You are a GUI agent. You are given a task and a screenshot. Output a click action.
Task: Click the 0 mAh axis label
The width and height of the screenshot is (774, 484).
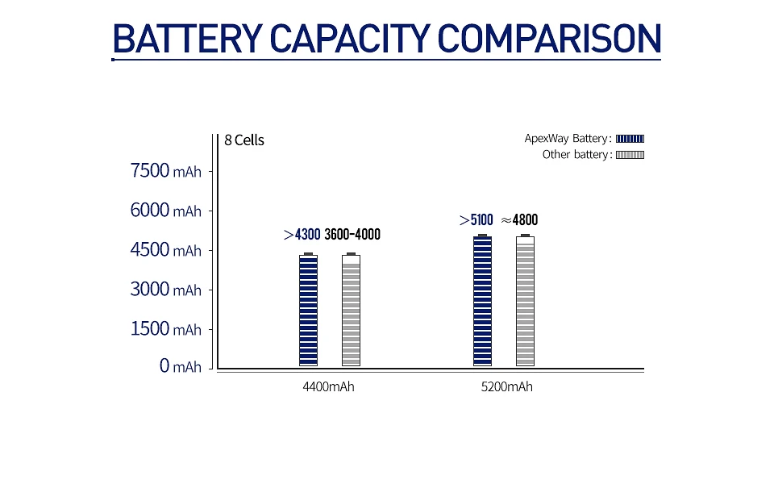(180, 367)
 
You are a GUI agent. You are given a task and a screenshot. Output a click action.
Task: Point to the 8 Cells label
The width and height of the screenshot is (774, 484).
(244, 140)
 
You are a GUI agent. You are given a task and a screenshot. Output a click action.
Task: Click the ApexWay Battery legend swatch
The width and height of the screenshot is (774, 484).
(630, 139)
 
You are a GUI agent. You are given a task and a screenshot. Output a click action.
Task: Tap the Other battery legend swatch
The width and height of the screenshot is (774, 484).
(630, 155)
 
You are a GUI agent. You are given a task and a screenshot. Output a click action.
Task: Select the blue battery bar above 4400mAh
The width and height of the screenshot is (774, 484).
(308, 311)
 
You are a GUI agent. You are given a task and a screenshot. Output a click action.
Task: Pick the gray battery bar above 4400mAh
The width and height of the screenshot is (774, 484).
(351, 311)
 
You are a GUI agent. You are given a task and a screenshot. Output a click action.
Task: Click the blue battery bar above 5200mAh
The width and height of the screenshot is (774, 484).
(482, 301)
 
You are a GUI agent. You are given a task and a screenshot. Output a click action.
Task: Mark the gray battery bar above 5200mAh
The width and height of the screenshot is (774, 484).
(526, 301)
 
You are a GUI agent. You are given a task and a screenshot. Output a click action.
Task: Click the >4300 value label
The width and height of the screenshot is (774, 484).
(302, 235)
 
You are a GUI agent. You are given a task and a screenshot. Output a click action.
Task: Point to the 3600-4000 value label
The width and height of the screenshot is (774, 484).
(352, 235)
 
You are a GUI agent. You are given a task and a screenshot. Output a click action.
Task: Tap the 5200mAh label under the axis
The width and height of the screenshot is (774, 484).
(506, 387)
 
